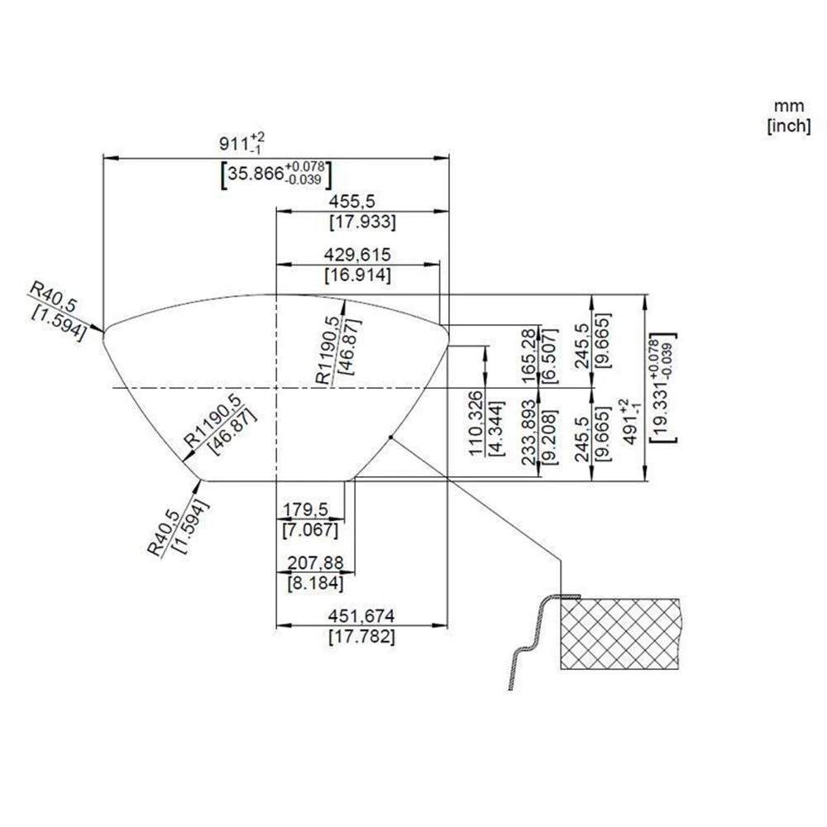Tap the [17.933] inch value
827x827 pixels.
pos(361,222)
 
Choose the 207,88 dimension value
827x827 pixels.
pos(314,562)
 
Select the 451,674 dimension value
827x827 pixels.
pos(361,616)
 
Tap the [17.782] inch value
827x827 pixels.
pos(361,637)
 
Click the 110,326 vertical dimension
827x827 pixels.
pos(476,423)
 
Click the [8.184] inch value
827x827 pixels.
pos(314,583)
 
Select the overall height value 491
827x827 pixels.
pos(630,423)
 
